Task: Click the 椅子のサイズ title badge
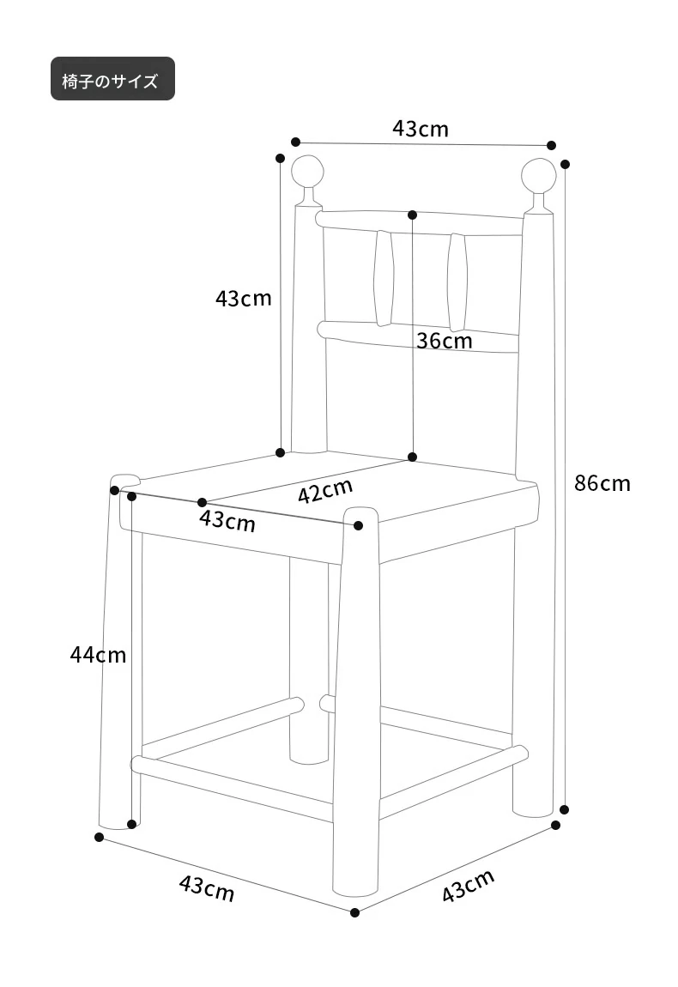pyautogui.click(x=112, y=79)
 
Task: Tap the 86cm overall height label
pyautogui.click(x=602, y=483)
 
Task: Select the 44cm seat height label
pyautogui.click(x=98, y=655)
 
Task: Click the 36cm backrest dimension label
pyautogui.click(x=444, y=341)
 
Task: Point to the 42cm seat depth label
pyautogui.click(x=324, y=490)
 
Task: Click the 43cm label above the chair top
pyautogui.click(x=421, y=129)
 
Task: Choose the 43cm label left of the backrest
pyautogui.click(x=244, y=298)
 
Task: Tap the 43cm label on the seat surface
pyautogui.click(x=227, y=521)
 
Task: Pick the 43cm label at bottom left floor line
pyautogui.click(x=207, y=887)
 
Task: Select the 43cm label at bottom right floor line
pyautogui.click(x=468, y=886)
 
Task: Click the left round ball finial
pyautogui.click(x=308, y=172)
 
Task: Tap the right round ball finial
pyautogui.click(x=539, y=176)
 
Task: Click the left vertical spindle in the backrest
pyautogui.click(x=384, y=278)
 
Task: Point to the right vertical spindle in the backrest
pyautogui.click(x=457, y=282)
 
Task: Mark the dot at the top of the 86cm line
pyautogui.click(x=565, y=164)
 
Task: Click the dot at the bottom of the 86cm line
pyautogui.click(x=564, y=809)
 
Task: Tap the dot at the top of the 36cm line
pyautogui.click(x=413, y=215)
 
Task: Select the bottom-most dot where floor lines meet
pyautogui.click(x=354, y=912)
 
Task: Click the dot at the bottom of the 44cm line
pyautogui.click(x=131, y=824)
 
